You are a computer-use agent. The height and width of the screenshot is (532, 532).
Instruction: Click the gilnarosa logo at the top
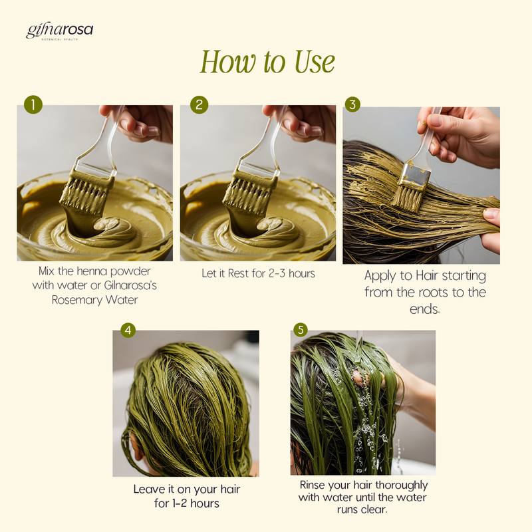coord(59,31)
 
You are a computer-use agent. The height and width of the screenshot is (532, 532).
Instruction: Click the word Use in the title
coord(315,62)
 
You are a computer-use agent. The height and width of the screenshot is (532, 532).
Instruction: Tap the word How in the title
coord(227,62)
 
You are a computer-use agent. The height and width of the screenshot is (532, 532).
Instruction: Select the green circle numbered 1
coord(33,104)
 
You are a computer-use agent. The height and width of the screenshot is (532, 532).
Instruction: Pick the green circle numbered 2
coord(199,104)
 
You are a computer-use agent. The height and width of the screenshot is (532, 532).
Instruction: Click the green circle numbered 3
coord(352,104)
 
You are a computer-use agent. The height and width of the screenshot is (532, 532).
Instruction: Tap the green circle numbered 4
coord(128,330)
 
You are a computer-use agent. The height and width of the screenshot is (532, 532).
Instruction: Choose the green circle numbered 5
coord(301,329)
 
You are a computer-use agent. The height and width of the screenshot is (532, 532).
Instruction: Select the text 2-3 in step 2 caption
coord(277,273)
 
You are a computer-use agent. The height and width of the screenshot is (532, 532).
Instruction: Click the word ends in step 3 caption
coord(424,309)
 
